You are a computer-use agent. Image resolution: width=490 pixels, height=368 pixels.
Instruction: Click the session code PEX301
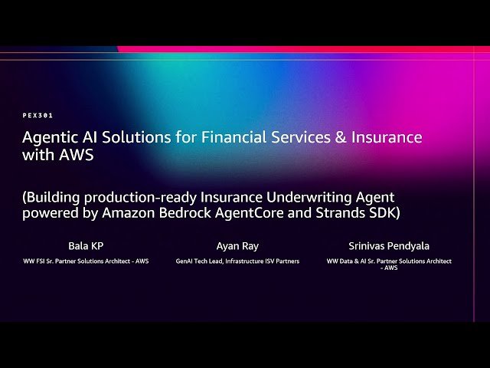click(38, 115)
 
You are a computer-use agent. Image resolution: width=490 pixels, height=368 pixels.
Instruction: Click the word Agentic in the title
click(48, 138)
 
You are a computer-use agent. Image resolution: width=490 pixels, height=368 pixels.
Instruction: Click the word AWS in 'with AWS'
click(80, 155)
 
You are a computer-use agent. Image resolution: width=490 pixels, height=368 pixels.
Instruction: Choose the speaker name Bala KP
click(87, 246)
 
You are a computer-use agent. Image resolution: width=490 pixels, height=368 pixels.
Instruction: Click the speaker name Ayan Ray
click(237, 246)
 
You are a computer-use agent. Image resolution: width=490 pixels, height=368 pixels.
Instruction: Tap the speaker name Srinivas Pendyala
click(390, 246)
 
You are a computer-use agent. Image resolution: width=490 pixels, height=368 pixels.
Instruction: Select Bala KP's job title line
click(87, 261)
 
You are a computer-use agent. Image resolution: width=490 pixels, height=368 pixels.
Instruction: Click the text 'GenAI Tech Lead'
click(201, 261)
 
